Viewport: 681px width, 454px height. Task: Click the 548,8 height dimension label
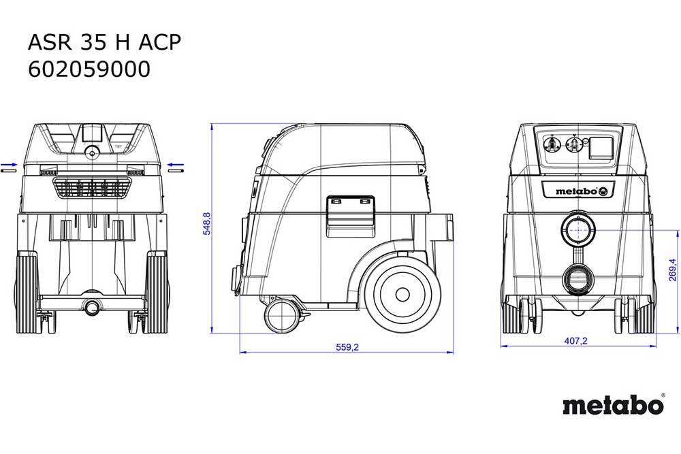[x=207, y=223]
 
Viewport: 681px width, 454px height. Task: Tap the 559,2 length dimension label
[x=347, y=347]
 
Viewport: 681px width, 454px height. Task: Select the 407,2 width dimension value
[x=575, y=341]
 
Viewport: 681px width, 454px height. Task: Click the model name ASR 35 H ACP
[x=104, y=42]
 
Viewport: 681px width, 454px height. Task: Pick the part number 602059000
[x=89, y=69]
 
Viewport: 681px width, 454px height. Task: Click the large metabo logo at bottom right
[x=614, y=405]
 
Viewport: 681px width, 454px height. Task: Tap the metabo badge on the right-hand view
[x=578, y=191]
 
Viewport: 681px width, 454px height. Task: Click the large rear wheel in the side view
[x=402, y=294]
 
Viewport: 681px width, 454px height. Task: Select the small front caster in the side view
[x=283, y=316]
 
